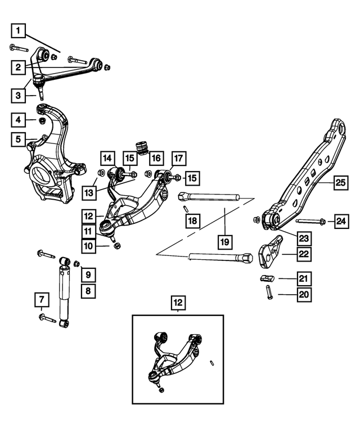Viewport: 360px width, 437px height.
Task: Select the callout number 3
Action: (19, 96)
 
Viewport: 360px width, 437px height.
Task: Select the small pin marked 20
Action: (269, 293)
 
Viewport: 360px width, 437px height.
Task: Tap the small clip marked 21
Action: (266, 278)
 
